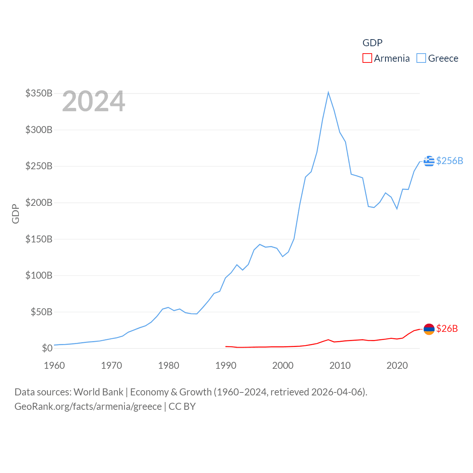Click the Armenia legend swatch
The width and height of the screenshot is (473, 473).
point(367,58)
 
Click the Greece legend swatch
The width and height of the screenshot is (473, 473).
point(421,58)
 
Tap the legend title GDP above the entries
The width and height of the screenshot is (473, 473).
point(372,43)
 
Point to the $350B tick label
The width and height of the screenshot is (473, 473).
point(39,93)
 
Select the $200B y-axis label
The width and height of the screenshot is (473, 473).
point(39,203)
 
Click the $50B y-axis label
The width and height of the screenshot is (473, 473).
point(41,312)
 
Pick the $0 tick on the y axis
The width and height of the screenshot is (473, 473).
point(47,348)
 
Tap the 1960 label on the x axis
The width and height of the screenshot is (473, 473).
point(54,365)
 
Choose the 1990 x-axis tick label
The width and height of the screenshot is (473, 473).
point(226,365)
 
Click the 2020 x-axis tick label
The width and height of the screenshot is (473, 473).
point(397,365)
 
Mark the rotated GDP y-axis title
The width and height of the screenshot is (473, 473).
point(16,214)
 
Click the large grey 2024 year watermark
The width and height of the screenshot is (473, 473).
point(93,101)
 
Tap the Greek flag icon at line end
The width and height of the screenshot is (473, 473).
point(429,161)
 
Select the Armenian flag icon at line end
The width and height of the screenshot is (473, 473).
point(429,329)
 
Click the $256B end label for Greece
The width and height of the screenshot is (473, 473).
point(449,161)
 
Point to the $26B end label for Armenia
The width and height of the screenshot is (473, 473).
point(447,329)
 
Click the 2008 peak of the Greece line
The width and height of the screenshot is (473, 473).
point(328,92)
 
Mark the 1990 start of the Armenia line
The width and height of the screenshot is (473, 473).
point(226,346)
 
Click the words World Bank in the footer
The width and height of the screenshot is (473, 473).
point(98,392)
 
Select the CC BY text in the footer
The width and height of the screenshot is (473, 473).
point(182,406)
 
